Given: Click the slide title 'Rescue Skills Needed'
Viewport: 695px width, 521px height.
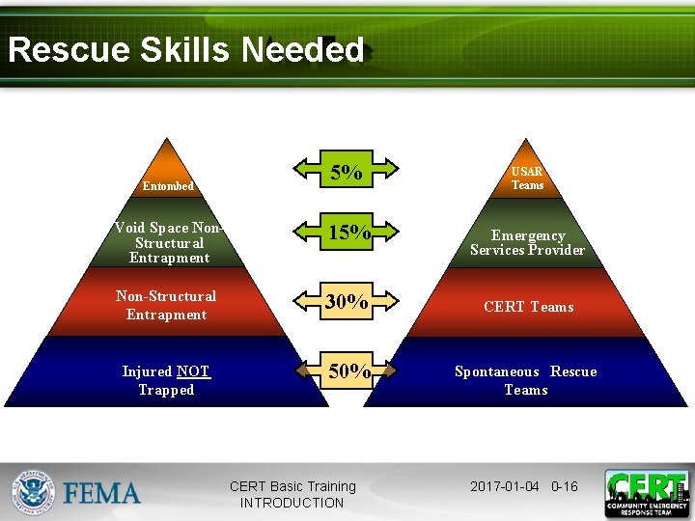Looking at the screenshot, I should point(185,50).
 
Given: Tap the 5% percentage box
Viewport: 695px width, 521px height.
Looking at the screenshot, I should point(347,174).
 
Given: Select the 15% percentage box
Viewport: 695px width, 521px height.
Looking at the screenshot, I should point(347,233).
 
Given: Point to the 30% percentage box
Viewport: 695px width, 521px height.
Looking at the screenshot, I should point(347,302).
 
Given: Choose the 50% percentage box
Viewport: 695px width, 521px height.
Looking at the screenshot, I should point(347,370).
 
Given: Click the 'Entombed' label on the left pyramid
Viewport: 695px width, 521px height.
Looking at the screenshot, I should point(168,186).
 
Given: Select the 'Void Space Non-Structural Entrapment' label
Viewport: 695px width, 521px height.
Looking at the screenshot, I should point(168,243).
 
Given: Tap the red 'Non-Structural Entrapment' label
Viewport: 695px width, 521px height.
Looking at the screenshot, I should point(166,305).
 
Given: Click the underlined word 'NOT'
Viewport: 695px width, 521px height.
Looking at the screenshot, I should point(193,371).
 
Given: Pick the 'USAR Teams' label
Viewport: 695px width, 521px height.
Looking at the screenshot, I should point(527,178).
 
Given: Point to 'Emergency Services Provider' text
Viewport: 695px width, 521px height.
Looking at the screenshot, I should point(527,243).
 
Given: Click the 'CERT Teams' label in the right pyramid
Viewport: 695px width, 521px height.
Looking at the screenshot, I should point(528,307).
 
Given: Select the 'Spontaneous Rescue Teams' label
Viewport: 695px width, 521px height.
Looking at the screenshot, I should point(526,380).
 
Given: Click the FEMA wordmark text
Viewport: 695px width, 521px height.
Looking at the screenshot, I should point(102,494).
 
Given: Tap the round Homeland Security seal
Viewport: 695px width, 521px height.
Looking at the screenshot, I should point(34,492).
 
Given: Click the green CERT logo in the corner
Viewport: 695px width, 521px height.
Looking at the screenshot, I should point(646,493).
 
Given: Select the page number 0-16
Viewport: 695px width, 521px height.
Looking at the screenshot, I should point(564,486).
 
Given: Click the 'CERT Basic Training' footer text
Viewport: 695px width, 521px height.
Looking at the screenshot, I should point(292,486).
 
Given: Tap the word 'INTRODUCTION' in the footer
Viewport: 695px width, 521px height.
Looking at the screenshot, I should point(292,503).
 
